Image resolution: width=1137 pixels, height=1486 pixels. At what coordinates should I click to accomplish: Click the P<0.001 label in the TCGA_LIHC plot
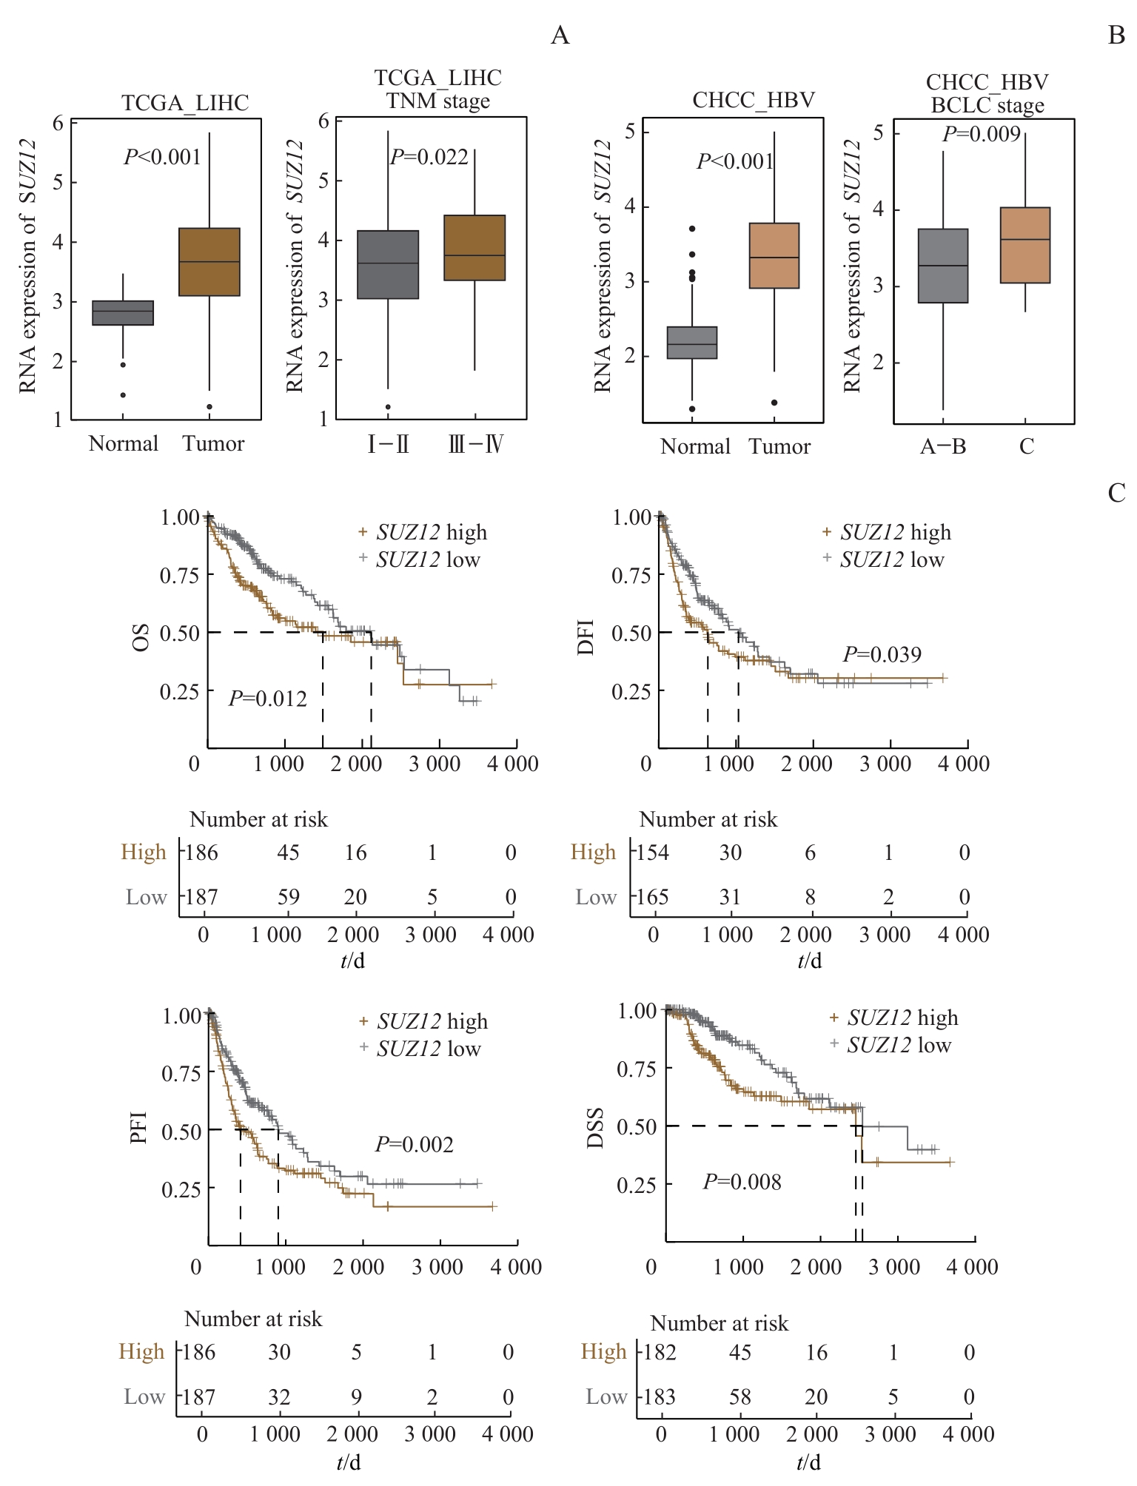(162, 157)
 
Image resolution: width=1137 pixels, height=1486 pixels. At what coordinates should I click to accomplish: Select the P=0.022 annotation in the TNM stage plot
(429, 157)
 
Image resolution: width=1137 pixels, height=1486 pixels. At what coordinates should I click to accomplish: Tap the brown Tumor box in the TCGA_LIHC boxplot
(210, 262)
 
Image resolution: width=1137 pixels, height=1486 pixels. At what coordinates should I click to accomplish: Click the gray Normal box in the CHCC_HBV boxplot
(692, 343)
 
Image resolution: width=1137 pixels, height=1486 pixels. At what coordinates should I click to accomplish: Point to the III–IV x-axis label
(476, 445)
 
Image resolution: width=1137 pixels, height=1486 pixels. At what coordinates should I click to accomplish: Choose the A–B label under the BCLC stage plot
(943, 446)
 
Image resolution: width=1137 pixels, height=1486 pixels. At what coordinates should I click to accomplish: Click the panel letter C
(1116, 493)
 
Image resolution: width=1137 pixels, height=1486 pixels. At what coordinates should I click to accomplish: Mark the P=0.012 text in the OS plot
(267, 699)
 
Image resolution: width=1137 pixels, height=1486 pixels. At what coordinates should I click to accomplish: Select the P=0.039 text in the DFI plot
(882, 654)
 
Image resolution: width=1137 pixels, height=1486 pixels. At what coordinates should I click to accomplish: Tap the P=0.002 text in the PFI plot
(414, 1144)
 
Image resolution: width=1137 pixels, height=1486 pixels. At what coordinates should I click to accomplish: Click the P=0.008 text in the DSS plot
(742, 1182)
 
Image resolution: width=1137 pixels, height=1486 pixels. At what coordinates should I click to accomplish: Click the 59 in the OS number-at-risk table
(288, 897)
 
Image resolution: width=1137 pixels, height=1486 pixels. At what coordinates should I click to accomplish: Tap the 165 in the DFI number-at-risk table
(654, 897)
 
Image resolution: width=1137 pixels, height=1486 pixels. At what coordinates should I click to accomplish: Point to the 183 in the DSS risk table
(660, 1396)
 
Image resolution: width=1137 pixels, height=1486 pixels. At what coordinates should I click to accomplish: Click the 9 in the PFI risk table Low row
(356, 1396)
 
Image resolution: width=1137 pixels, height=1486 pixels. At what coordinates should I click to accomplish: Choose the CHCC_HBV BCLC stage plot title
(987, 94)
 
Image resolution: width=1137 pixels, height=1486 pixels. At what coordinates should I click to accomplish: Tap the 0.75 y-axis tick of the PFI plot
(182, 1073)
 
